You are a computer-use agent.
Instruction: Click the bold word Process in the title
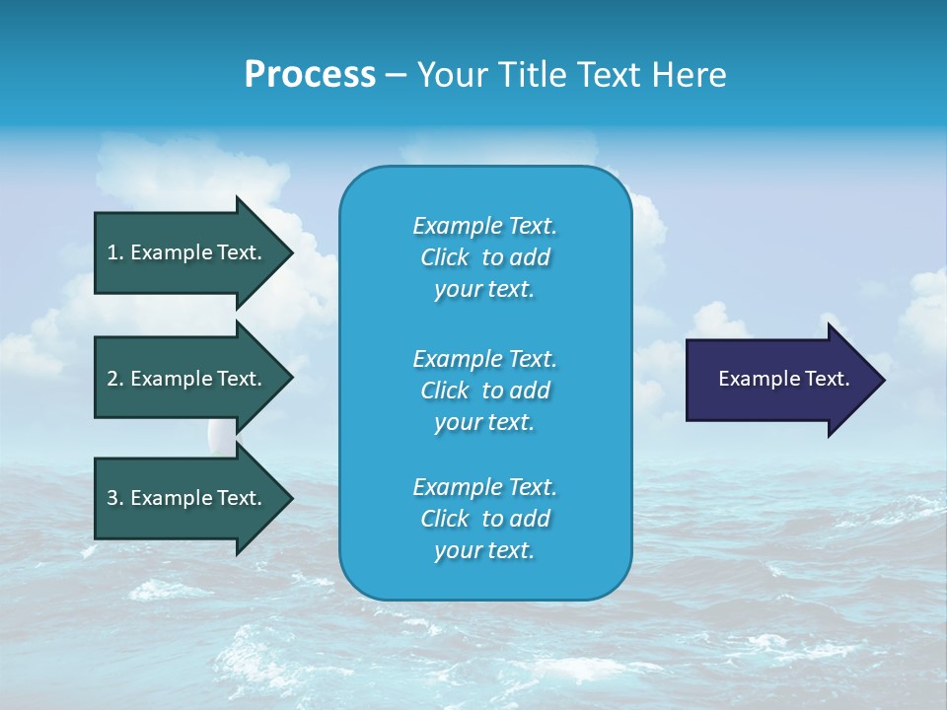coord(310,75)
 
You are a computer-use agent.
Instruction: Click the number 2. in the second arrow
coord(114,379)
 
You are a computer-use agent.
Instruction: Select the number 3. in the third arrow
coord(114,498)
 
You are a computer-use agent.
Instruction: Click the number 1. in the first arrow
coord(114,252)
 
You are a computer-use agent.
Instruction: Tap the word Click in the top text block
coord(445,257)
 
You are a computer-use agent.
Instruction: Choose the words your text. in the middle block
coord(484,422)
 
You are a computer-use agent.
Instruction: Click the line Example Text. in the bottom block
coord(484,487)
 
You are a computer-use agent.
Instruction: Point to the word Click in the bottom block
coord(445,519)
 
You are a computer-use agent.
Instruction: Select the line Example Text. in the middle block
coord(484,358)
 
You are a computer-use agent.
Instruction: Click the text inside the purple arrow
coord(783,379)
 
